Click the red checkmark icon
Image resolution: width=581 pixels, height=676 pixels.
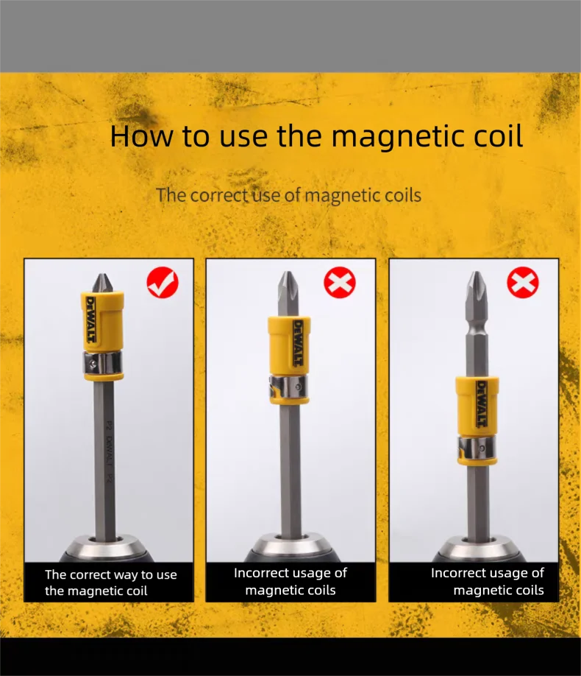coord(163,282)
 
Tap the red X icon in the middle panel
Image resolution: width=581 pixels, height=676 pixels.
coord(340,282)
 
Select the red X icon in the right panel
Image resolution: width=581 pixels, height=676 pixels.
coord(523,282)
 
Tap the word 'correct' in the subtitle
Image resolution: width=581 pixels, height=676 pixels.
coord(220,195)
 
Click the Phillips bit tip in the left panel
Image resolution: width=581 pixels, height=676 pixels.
coord(102,283)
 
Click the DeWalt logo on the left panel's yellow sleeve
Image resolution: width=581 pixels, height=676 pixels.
coord(91,319)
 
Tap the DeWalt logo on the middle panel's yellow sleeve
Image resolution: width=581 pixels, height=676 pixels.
coord(298,343)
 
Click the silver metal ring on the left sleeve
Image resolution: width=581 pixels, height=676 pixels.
coord(102,363)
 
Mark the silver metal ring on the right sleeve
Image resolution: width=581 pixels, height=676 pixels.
coord(477,448)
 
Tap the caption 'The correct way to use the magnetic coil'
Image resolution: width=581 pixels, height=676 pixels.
coord(111,582)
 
